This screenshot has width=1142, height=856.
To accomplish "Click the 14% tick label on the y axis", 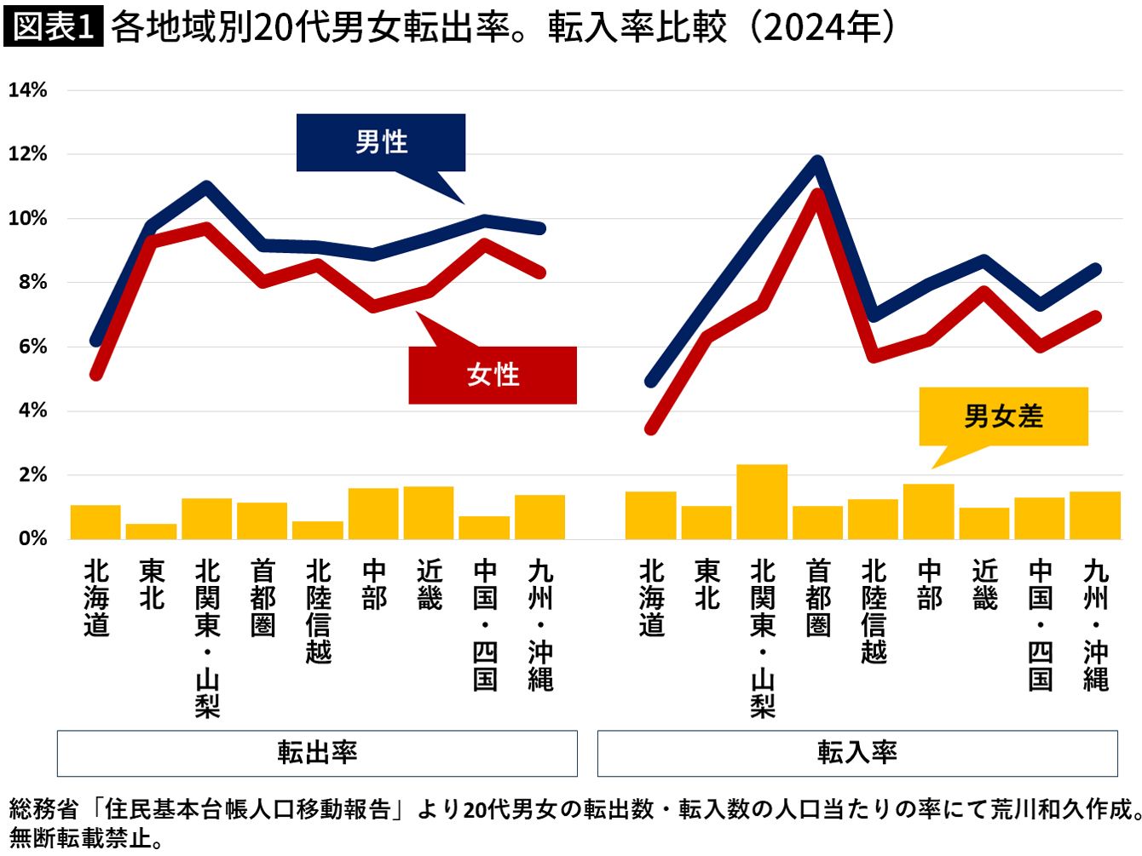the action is [27, 90].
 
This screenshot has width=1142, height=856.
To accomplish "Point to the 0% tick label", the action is [32, 538].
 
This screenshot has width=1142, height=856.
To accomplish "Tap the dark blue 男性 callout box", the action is [381, 142].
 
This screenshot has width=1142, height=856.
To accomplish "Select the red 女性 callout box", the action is [493, 375].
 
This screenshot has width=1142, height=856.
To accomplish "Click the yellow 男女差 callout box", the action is [1004, 417].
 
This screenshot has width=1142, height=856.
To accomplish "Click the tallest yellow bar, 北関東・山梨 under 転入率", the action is [762, 502].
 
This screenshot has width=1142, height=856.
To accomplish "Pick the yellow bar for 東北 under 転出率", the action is [152, 531].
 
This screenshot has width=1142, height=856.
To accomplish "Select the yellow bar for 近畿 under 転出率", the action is [429, 513].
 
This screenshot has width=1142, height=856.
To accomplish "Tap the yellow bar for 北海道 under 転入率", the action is [651, 515].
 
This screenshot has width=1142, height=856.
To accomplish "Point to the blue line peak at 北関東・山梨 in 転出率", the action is [206, 187].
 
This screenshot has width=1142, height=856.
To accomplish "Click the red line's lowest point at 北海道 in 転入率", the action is [651, 429].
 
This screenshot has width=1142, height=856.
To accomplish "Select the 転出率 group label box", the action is [317, 753].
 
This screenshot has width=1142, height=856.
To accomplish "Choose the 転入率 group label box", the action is [857, 753].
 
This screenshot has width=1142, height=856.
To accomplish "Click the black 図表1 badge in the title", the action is [53, 26].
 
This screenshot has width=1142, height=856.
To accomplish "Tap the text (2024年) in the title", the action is [822, 27].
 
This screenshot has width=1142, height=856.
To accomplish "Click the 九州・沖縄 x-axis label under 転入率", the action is [1095, 624].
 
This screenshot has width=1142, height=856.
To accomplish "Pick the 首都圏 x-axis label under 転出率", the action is [262, 598].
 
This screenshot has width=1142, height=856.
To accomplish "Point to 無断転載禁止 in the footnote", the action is [81, 837].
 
